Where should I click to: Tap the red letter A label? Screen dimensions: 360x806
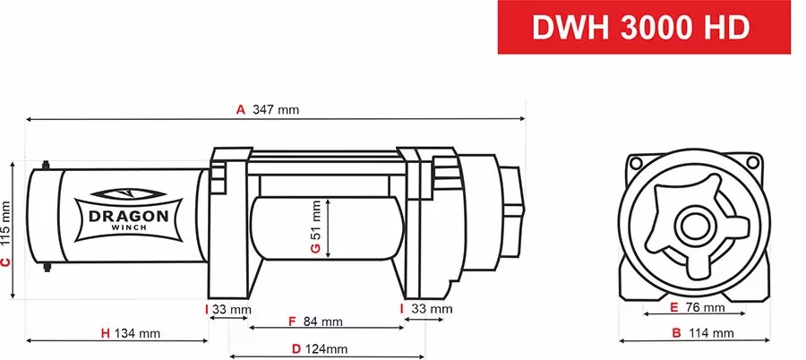(240, 110)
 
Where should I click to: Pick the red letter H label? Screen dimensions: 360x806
(105, 334)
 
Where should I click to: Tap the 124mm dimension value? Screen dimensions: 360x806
(325, 349)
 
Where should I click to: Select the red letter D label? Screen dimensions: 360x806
(296, 349)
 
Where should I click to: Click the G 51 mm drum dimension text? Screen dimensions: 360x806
(315, 228)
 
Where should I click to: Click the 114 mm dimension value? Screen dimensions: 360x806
(712, 334)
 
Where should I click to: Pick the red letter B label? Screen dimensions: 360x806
(677, 334)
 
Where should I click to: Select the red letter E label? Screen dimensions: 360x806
(673, 308)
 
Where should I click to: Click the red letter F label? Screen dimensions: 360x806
(291, 321)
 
